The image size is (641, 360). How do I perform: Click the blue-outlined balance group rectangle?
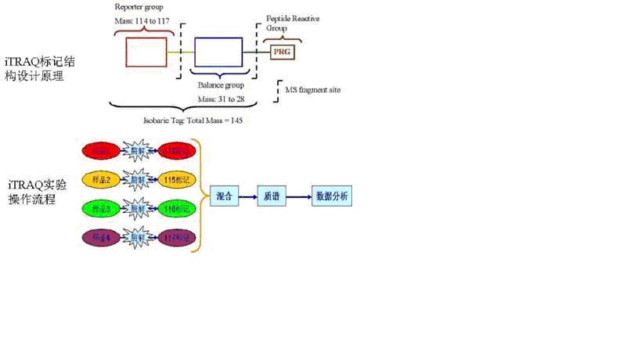pos(218,52)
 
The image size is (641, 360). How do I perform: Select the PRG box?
pos(282,52)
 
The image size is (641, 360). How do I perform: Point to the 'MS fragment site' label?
pos(312,90)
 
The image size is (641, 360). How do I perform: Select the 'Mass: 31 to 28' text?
pos(218,99)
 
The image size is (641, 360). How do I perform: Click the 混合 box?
pos(223,196)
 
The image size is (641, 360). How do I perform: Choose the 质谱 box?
pos(272,196)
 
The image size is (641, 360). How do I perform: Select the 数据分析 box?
pos(331,196)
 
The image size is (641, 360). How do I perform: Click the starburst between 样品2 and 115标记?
pos(138,179)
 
